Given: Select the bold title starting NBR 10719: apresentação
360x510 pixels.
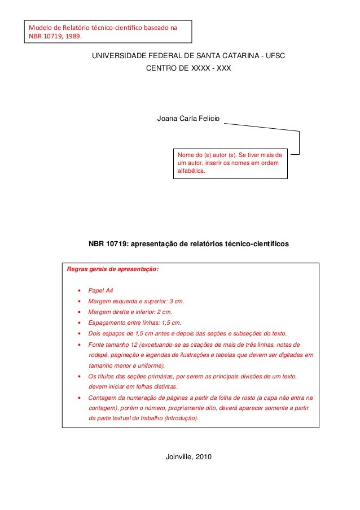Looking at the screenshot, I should coord(188,245).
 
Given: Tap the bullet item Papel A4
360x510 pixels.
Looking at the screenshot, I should coord(102,290).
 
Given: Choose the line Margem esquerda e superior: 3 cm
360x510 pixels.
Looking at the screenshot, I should coord(136,301).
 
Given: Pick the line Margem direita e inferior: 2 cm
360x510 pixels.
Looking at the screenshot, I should coord(130,312).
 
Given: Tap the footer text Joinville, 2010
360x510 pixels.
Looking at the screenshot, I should coord(188,456).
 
